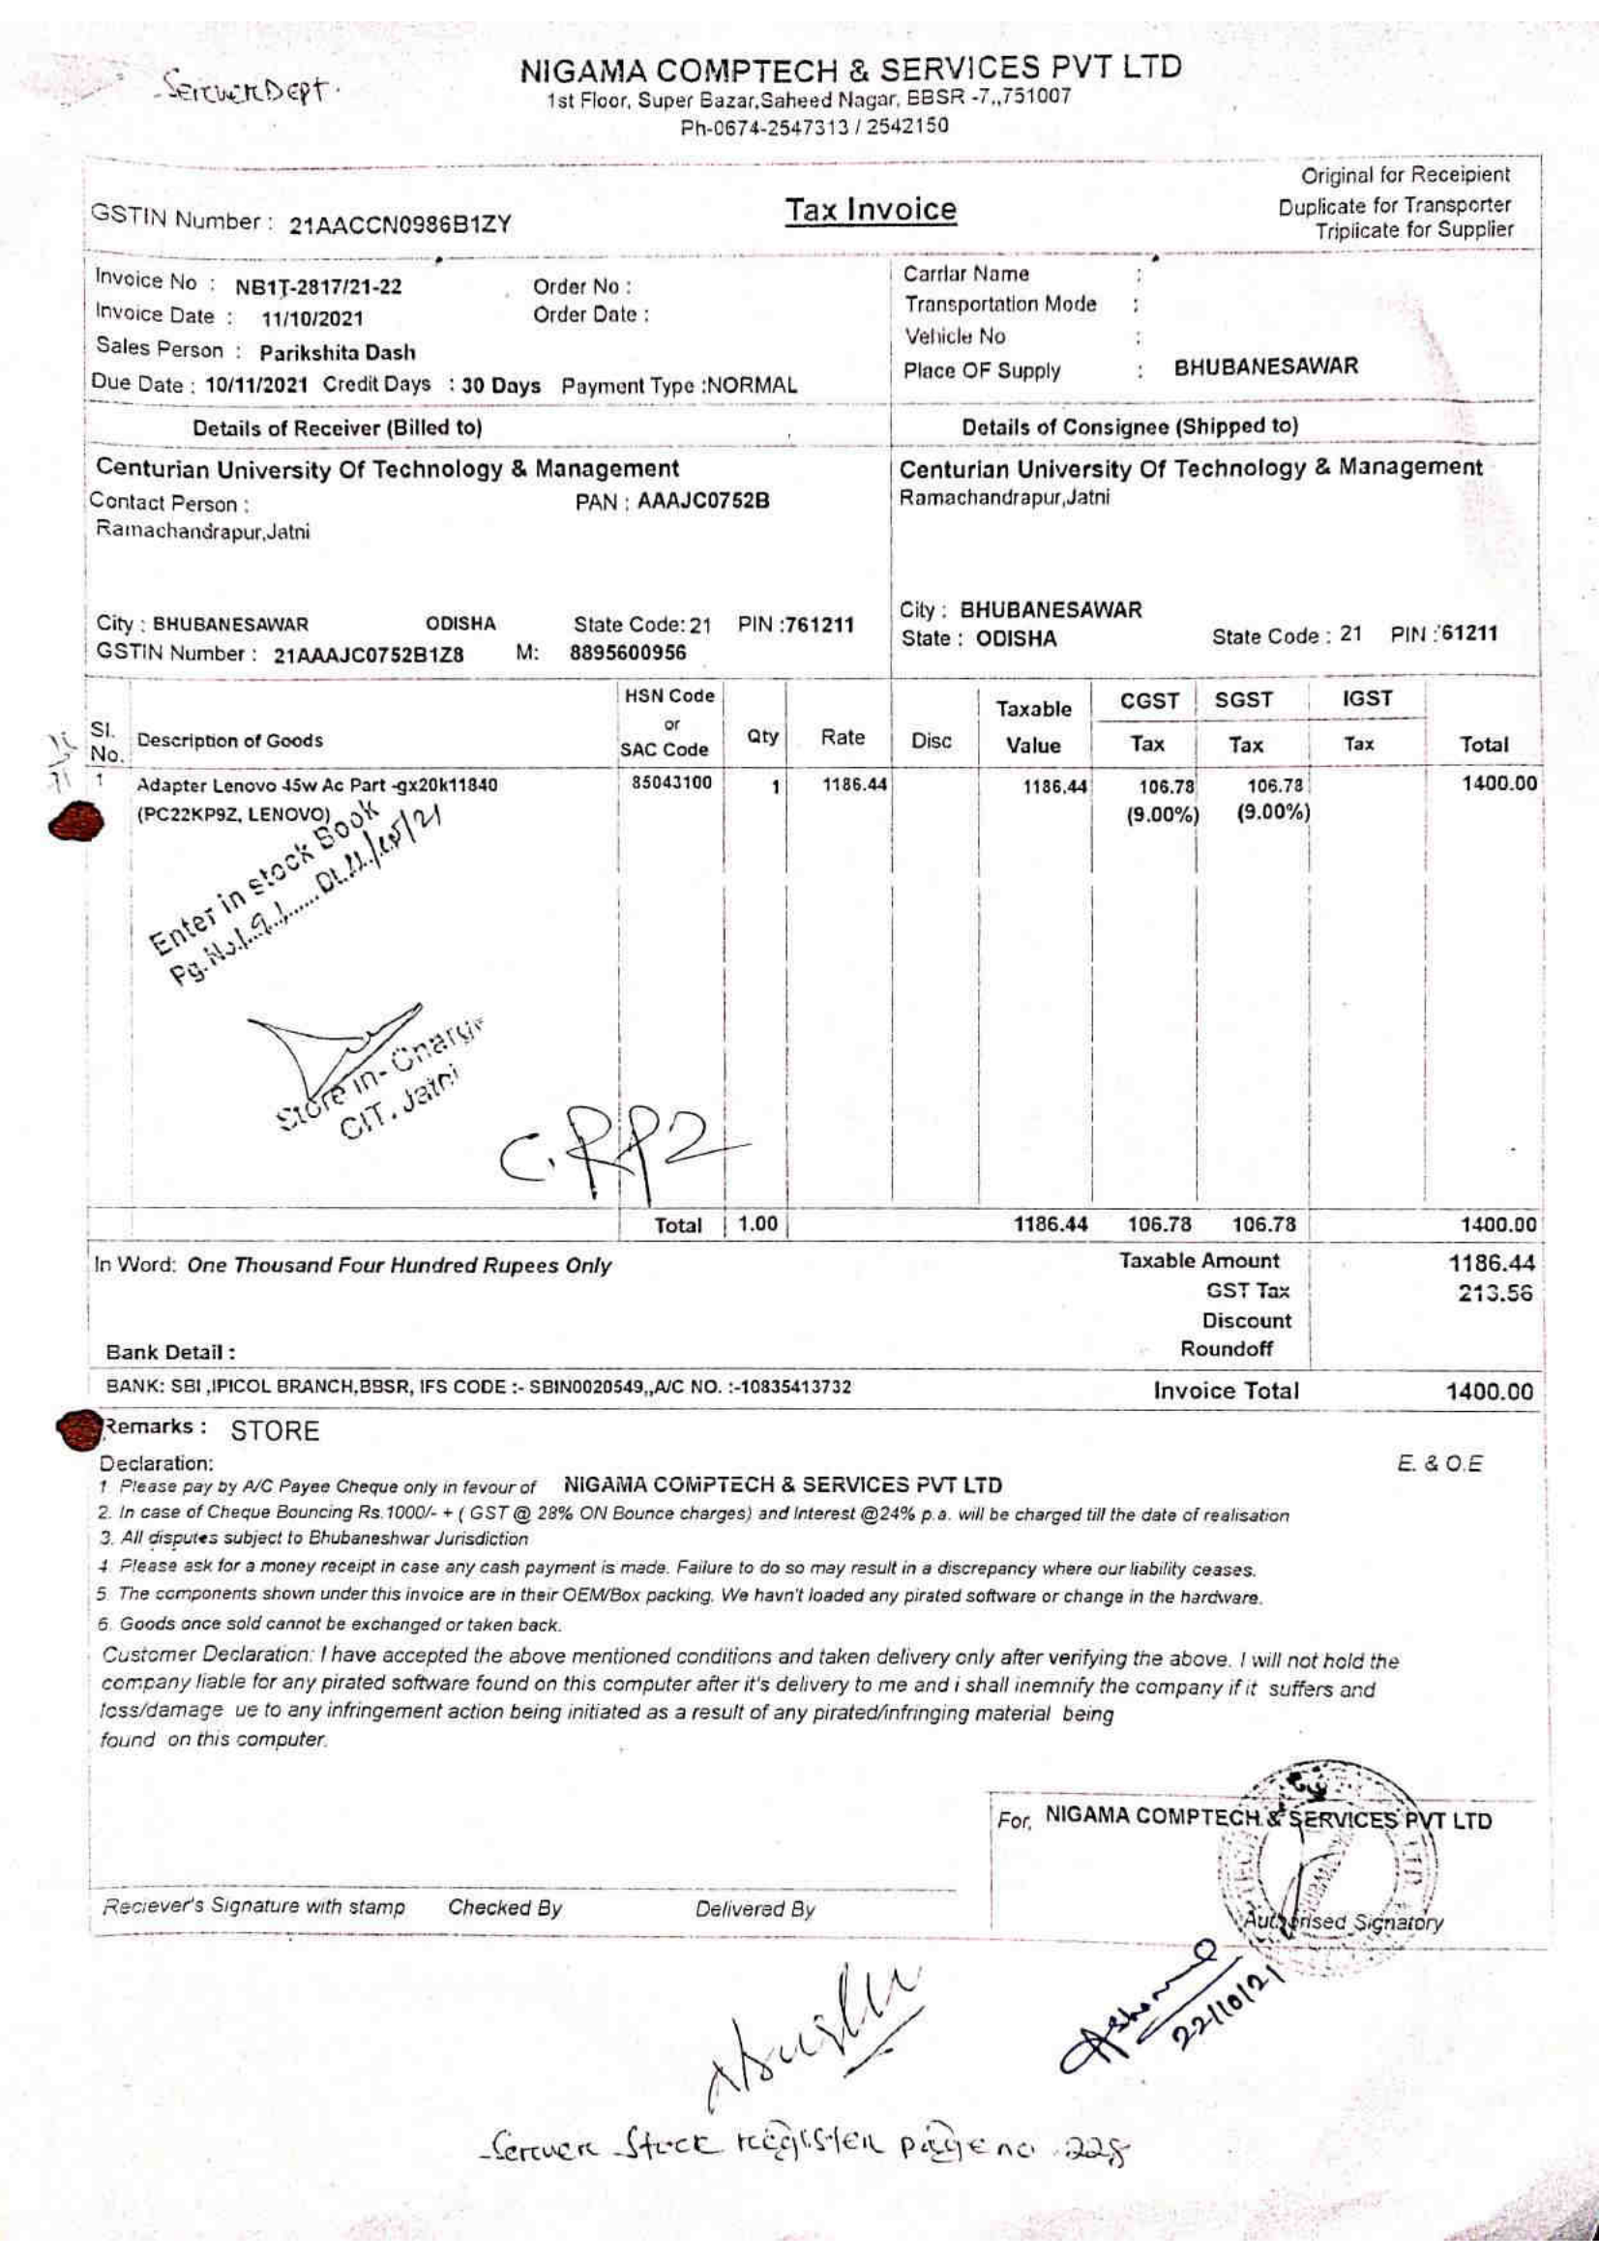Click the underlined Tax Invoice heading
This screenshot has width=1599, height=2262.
pyautogui.click(x=870, y=210)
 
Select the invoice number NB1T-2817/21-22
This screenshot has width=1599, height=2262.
pyautogui.click(x=317, y=287)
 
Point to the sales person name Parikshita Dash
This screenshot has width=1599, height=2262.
pyautogui.click(x=337, y=352)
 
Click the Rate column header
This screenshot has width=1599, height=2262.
pyautogui.click(x=843, y=738)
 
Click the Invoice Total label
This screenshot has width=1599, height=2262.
pyautogui.click(x=1226, y=1391)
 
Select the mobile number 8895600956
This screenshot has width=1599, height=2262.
pyautogui.click(x=628, y=653)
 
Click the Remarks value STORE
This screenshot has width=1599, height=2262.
pyautogui.click(x=275, y=1430)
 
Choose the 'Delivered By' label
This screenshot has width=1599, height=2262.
pyautogui.click(x=755, y=1910)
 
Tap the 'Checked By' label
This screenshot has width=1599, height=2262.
pyautogui.click(x=504, y=1907)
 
